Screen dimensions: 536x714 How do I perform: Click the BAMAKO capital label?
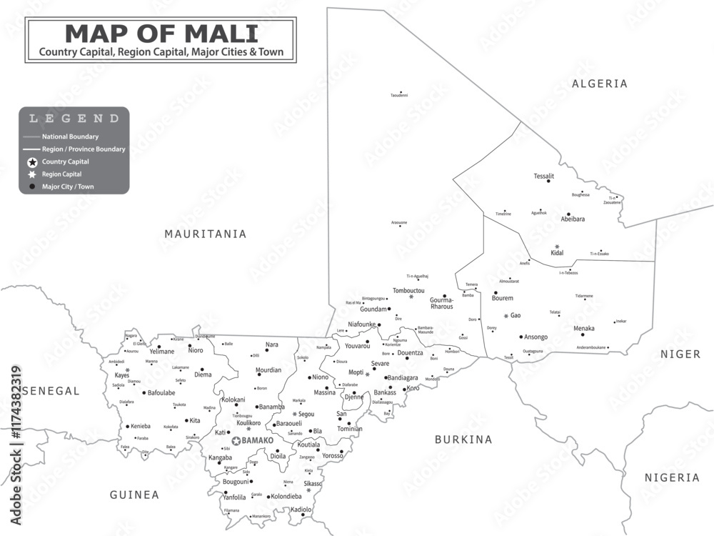coord(258,441)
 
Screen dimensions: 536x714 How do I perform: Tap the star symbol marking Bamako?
coord(236,441)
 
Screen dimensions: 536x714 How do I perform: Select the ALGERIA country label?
coord(600,84)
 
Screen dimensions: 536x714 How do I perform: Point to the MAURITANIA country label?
coord(205,234)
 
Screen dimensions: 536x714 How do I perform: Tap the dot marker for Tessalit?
coord(548,182)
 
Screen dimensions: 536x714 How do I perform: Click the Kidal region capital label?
coord(558,253)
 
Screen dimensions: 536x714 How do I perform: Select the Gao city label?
coord(516,315)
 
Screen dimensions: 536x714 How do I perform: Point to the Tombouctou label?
coord(408,290)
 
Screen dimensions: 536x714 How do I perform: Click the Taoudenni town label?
coord(399,95)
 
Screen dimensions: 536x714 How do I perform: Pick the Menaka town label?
coord(584,328)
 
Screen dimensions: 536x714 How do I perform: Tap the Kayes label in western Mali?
coord(122,375)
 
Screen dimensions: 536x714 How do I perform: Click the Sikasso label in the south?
coord(312,484)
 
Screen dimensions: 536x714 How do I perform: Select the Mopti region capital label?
coord(356,372)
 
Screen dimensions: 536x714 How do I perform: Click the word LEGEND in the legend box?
coord(74,119)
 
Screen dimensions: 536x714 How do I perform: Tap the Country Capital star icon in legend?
coord(32,162)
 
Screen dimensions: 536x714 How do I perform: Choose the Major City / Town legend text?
coord(68,187)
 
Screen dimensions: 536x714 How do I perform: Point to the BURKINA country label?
coord(463,440)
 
